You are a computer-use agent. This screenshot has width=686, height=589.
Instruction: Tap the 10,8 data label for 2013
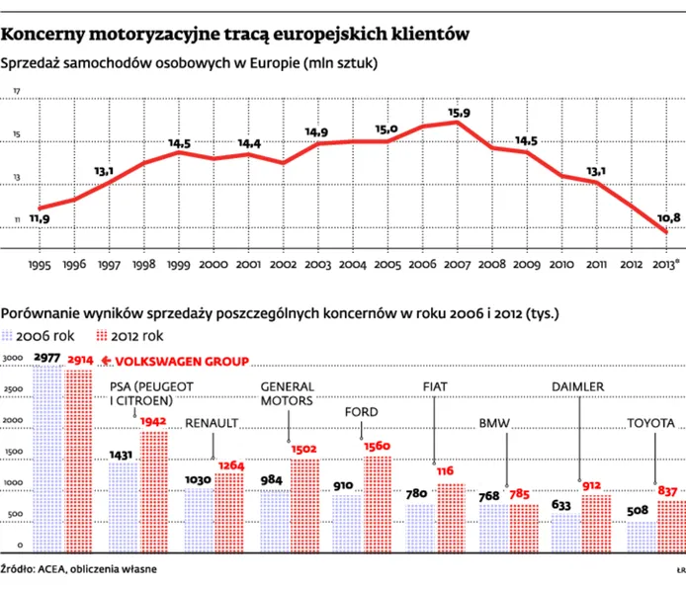click(668, 217)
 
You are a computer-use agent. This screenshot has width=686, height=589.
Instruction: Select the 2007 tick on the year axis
click(457, 266)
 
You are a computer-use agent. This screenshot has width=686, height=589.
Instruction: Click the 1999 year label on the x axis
click(179, 266)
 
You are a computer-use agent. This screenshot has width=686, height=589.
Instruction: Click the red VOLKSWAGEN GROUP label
click(194, 362)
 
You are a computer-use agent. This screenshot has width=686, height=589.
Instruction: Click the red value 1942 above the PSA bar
click(154, 422)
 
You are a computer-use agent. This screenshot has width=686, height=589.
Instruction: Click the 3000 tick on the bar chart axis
click(12, 358)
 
